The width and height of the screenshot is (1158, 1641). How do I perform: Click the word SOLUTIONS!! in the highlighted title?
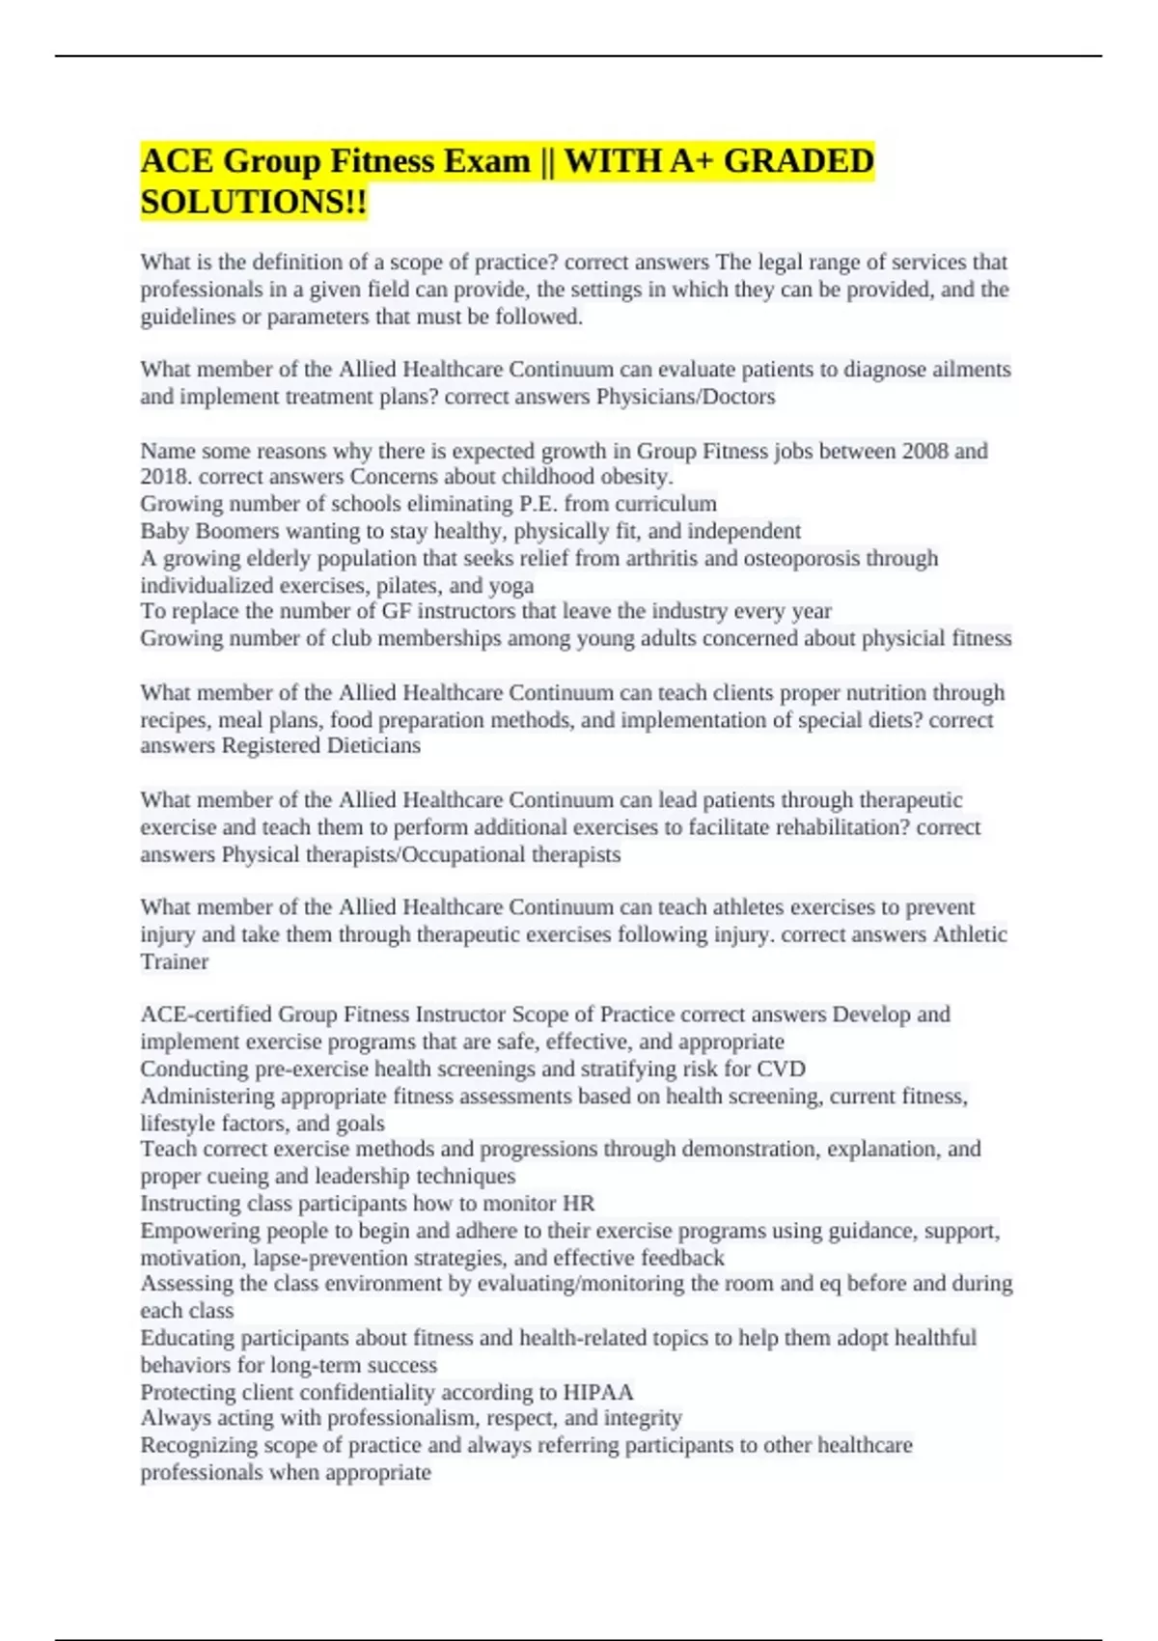tap(254, 203)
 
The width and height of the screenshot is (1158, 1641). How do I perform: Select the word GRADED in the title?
tap(798, 160)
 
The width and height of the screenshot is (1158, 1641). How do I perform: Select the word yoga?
tap(511, 585)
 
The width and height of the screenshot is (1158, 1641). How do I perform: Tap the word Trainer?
tap(174, 961)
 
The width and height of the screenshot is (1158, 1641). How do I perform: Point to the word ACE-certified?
tap(207, 1015)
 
